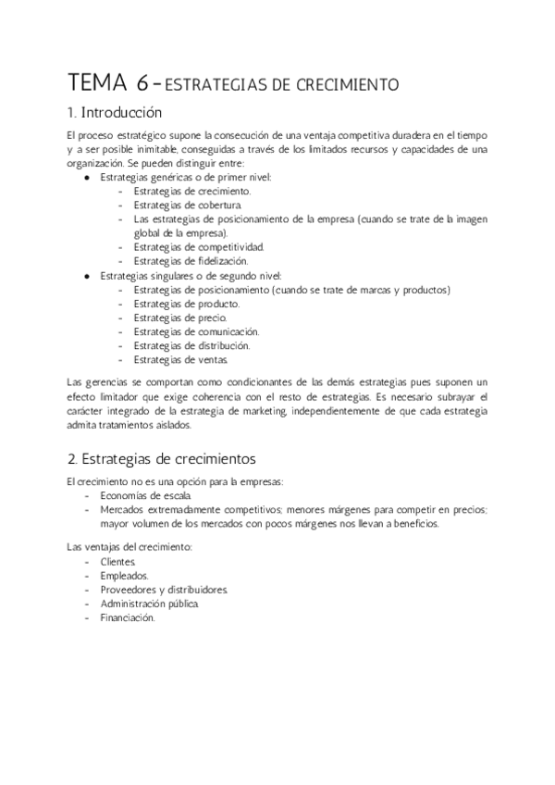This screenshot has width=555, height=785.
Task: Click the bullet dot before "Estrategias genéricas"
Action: [87, 178]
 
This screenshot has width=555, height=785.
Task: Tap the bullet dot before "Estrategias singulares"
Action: [87, 276]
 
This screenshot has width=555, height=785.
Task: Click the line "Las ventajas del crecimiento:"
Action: [129, 548]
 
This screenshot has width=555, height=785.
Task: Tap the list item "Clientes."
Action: [119, 562]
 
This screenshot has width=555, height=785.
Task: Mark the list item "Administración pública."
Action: [150, 604]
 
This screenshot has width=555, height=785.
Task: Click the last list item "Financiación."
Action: [128, 617]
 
